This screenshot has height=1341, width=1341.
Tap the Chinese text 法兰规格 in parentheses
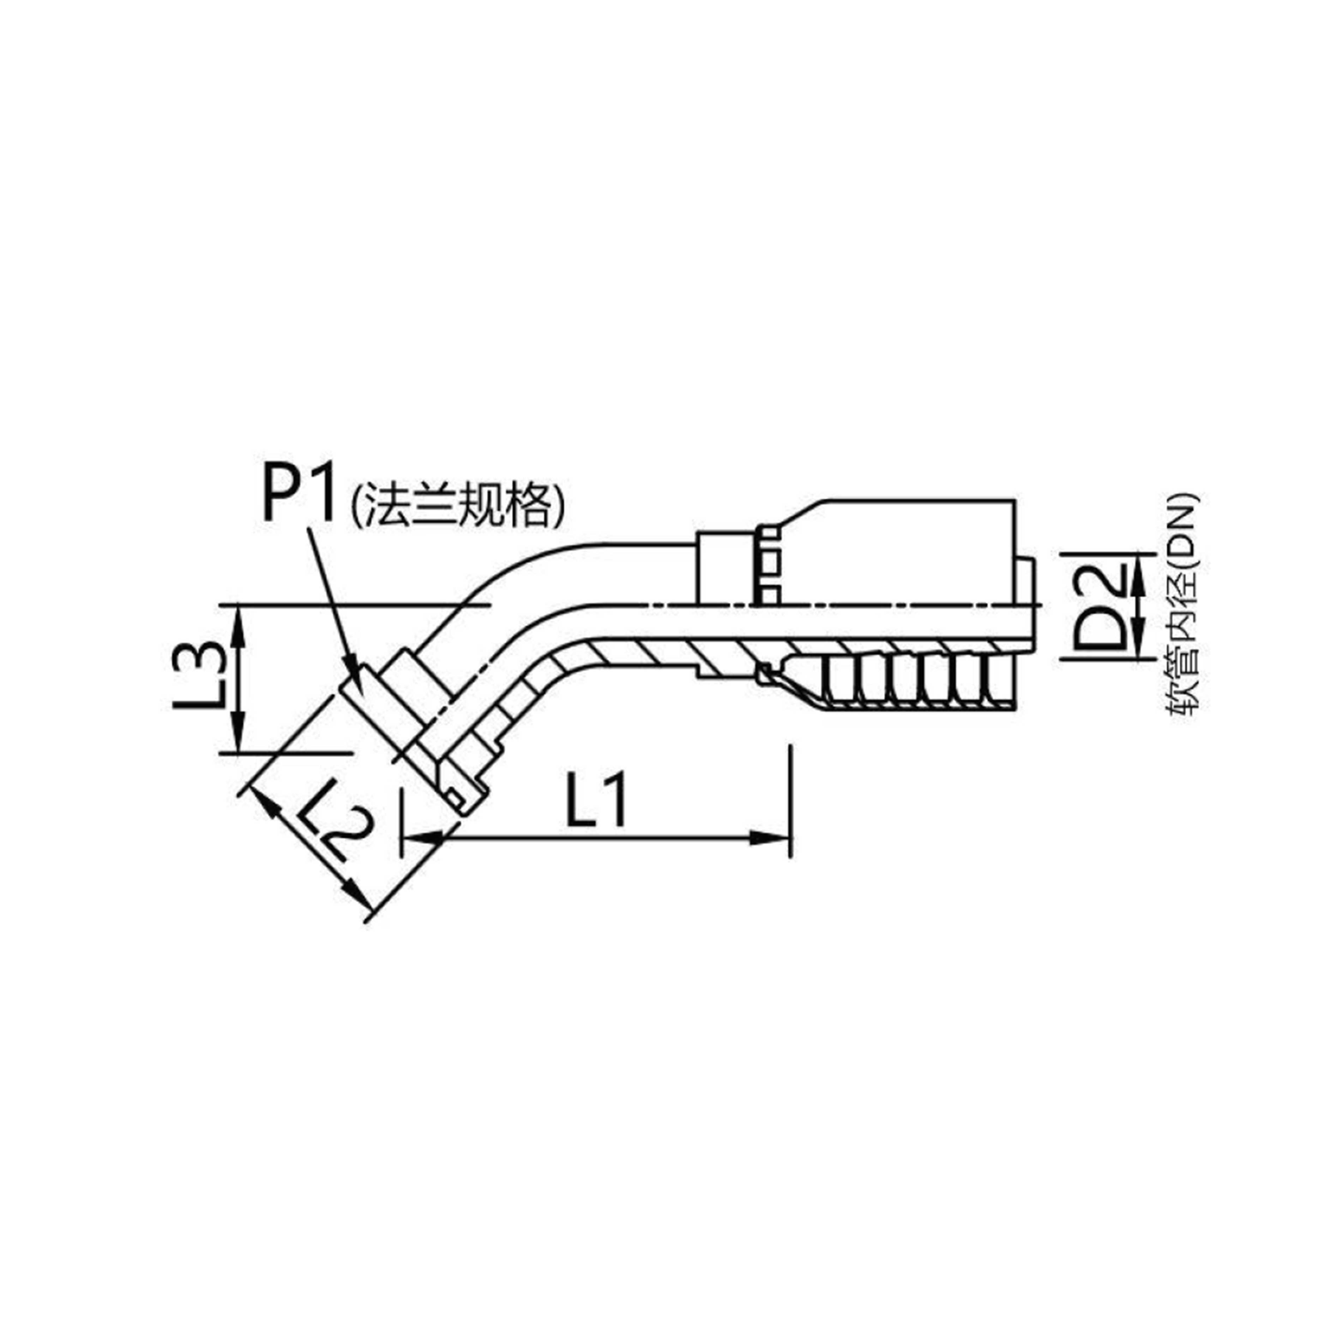pyautogui.click(x=458, y=505)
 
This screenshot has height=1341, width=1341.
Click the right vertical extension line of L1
pyautogui.click(x=790, y=798)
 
